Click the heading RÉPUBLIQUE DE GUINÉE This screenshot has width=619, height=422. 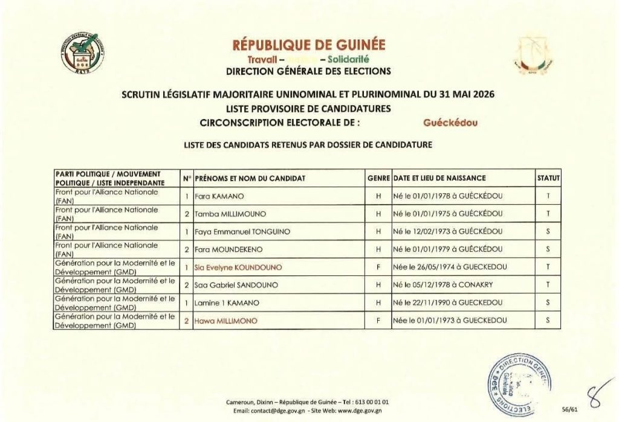(308, 45)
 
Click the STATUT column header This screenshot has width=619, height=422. (548, 179)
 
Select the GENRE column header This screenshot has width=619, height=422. (378, 179)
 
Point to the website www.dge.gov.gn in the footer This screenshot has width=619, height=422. (357, 411)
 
